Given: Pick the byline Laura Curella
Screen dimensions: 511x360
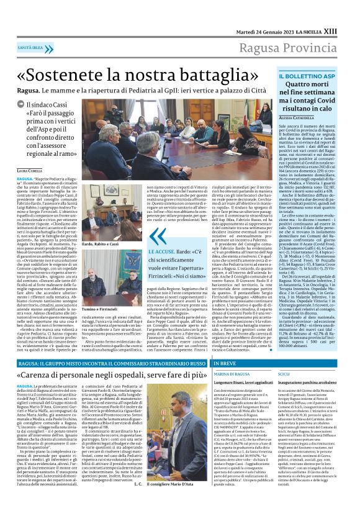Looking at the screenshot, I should click(30, 170).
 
